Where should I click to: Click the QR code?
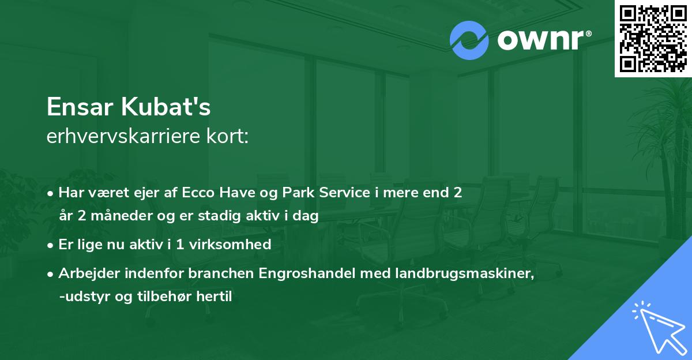click(653, 38)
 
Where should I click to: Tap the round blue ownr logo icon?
click(469, 40)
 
